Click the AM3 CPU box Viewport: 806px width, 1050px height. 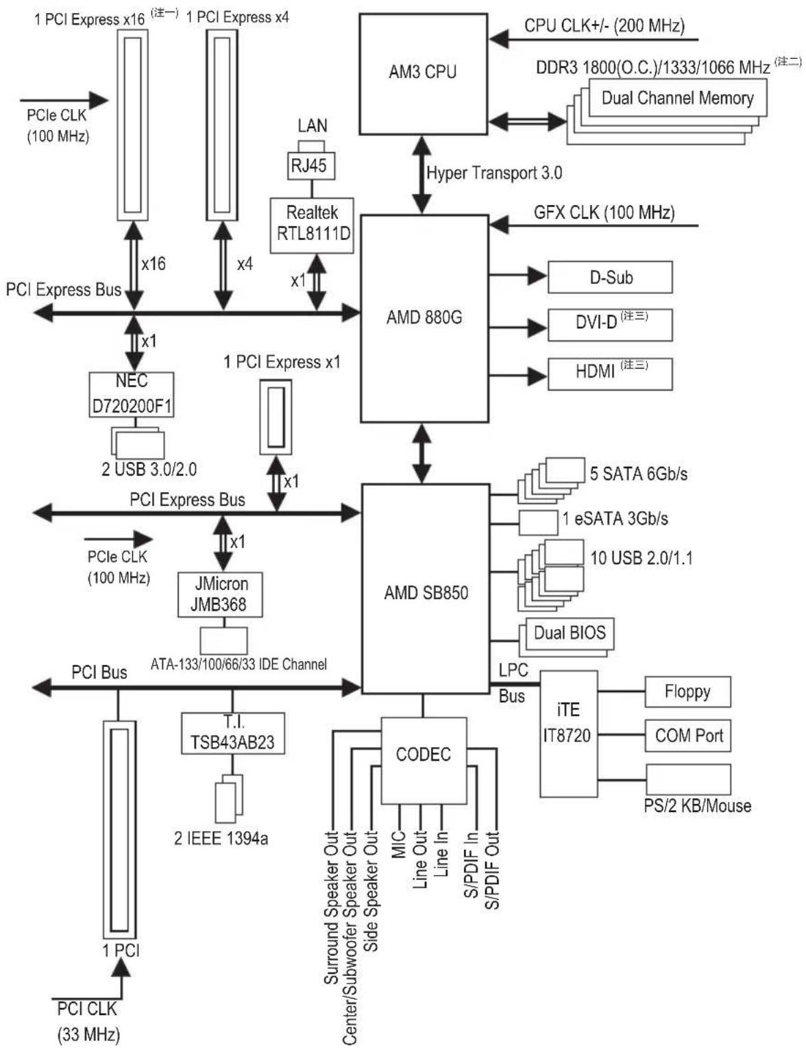423,73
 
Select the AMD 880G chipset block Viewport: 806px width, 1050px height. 424,318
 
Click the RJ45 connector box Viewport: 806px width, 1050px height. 309,165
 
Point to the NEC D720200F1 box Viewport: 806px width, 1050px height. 132,395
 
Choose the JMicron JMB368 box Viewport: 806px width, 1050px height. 220,594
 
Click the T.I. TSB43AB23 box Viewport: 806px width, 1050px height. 232,733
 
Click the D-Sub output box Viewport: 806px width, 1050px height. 610,278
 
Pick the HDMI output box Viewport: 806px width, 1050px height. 610,374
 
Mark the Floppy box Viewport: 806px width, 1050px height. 687,692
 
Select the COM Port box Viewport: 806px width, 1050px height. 687,736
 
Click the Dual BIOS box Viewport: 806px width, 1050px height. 570,633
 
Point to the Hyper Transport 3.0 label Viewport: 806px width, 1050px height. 494,173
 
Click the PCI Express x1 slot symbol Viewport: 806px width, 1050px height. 276,417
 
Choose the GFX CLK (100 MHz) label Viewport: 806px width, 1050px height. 604,212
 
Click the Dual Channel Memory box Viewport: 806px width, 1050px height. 677,98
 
